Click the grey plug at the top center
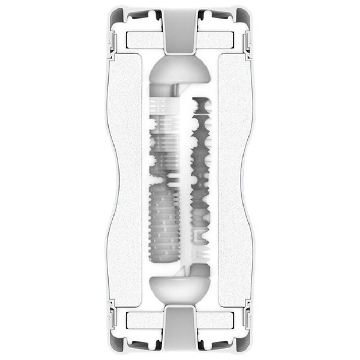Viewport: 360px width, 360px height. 179,30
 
